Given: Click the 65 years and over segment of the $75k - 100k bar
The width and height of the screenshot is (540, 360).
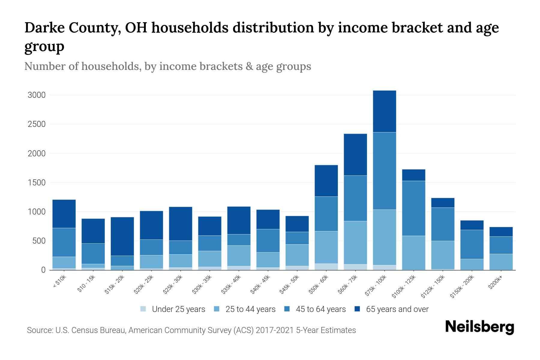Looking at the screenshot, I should [x=384, y=111].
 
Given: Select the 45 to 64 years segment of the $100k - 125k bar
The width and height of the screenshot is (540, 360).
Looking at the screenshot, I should [x=413, y=208].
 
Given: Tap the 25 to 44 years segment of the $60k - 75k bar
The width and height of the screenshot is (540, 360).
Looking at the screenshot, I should [x=355, y=242].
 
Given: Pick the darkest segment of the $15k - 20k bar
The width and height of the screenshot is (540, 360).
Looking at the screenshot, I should [x=122, y=236].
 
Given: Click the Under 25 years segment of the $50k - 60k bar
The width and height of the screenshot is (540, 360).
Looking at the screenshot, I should [x=326, y=267].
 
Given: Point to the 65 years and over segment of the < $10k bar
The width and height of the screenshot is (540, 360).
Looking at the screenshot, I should [x=64, y=214].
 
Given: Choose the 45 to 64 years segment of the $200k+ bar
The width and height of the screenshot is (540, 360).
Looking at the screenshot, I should [x=501, y=245].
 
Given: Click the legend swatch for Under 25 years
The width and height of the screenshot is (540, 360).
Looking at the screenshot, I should [x=143, y=309].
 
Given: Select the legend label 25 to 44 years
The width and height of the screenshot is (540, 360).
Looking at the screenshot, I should [x=250, y=309].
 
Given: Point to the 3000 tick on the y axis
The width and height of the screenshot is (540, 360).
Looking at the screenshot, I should [x=37, y=95].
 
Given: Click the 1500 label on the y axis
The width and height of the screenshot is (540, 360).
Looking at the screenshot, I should [x=37, y=183].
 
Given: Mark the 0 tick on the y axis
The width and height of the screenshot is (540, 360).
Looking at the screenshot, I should [x=43, y=270].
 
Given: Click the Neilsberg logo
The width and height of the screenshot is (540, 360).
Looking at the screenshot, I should [x=479, y=327].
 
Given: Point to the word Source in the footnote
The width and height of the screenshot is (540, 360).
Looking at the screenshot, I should [x=40, y=330].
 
